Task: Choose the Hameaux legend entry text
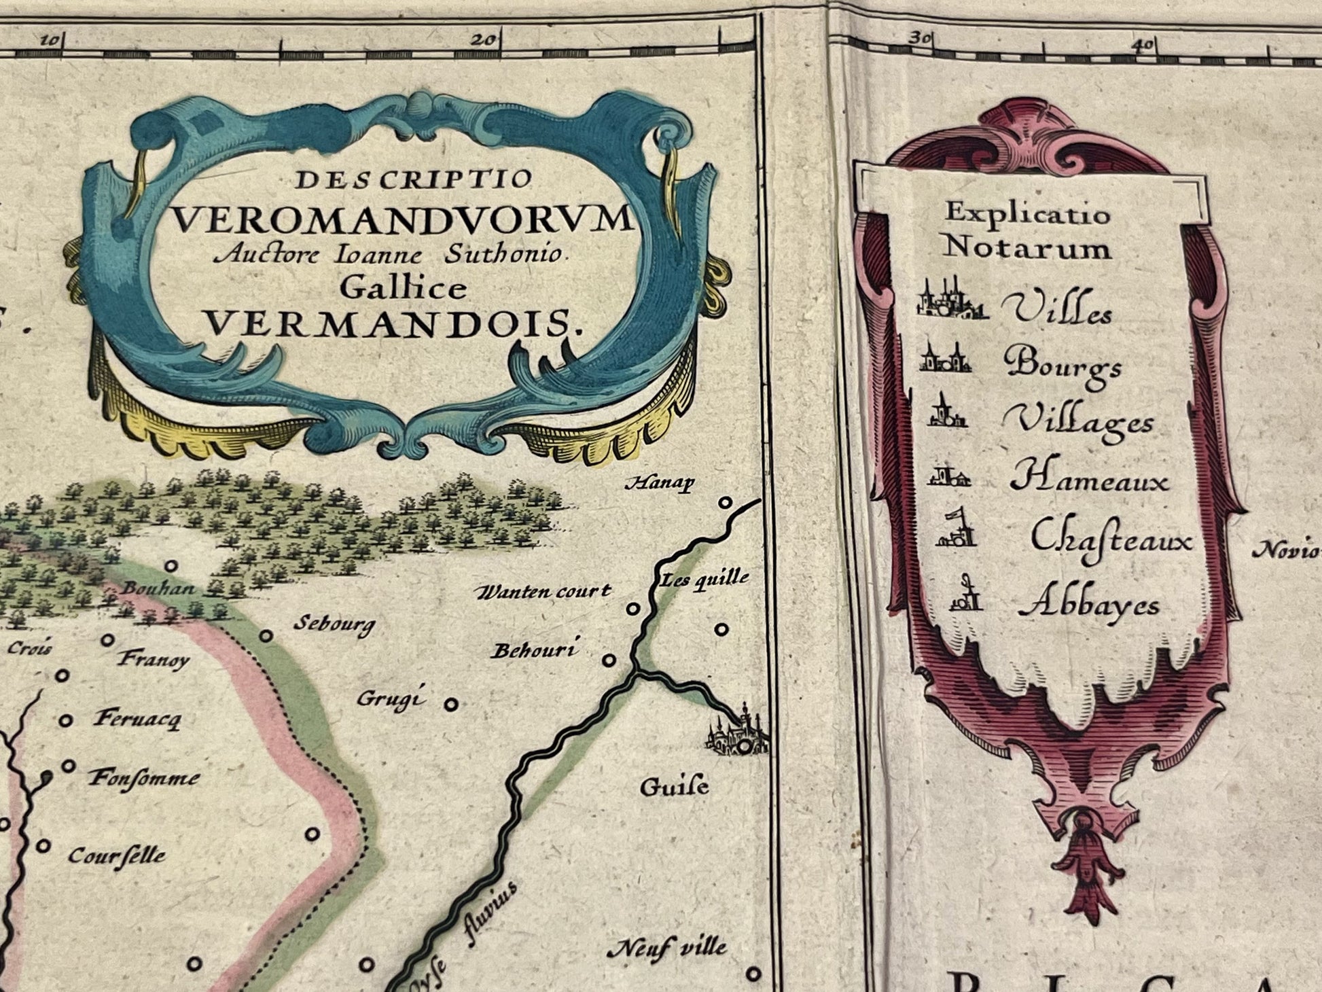(x=1089, y=479)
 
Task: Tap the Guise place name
(x=674, y=787)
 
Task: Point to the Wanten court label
(x=543, y=592)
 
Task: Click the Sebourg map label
(x=334, y=624)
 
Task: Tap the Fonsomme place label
(x=145, y=777)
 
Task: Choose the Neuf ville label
(x=666, y=947)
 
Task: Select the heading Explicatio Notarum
(x=1027, y=231)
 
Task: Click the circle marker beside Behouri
(x=610, y=660)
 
